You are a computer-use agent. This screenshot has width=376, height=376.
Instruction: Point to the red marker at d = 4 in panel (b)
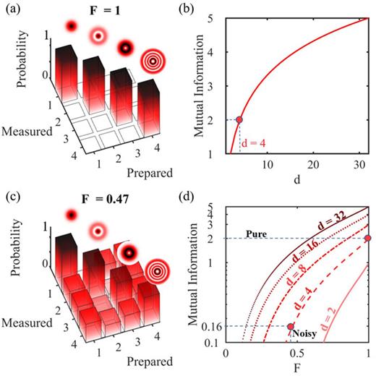pos(239,119)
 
